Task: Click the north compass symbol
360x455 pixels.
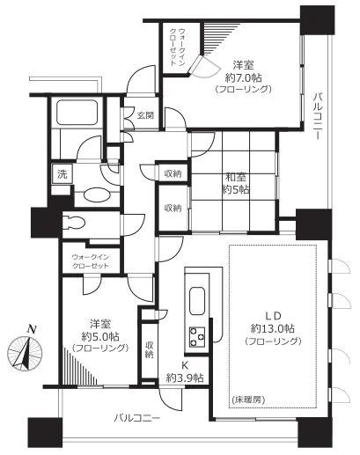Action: pos(26,351)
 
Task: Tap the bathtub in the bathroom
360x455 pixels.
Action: pos(78,114)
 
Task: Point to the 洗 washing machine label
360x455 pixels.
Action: pos(62,173)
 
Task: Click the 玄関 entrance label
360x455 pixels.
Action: pos(145,114)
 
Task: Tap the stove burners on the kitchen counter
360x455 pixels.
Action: pos(196,334)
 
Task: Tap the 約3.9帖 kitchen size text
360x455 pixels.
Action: pos(185,378)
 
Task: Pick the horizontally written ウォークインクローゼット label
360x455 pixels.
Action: pos(90,260)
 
